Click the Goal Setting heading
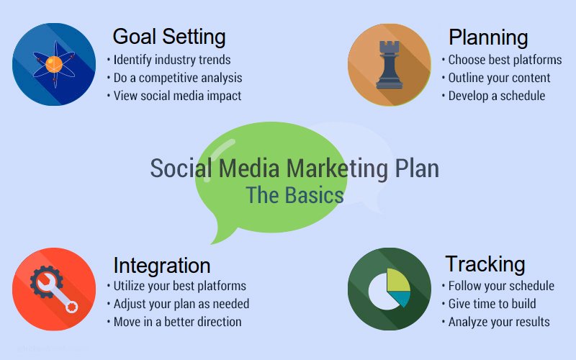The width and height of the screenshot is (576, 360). [x=169, y=37]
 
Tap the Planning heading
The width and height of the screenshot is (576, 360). [x=488, y=37]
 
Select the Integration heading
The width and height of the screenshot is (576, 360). [x=161, y=266]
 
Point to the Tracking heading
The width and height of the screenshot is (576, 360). [x=485, y=264]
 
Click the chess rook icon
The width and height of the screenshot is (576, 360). [x=390, y=65]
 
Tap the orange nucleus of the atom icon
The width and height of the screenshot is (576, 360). [x=54, y=64]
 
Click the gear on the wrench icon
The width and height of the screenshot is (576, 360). [x=45, y=282]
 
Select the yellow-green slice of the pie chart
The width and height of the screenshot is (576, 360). [x=398, y=280]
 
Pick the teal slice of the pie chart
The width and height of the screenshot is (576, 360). [x=400, y=299]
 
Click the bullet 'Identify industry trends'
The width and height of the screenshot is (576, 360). [x=172, y=60]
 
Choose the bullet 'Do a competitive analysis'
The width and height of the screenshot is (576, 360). [x=178, y=78]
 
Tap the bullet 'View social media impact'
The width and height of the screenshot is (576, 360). [x=177, y=96]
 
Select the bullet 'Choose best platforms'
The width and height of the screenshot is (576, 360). [x=505, y=60]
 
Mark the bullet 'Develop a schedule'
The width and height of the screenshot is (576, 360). [x=497, y=96]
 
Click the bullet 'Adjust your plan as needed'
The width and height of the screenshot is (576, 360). [x=181, y=304]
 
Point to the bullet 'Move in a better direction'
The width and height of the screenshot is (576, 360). [x=177, y=322]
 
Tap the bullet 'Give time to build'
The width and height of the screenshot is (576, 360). [x=492, y=304]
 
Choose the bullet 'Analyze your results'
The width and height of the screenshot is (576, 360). [x=499, y=322]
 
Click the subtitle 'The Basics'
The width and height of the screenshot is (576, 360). [x=294, y=195]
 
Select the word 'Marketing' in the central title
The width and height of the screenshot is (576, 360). [x=337, y=169]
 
